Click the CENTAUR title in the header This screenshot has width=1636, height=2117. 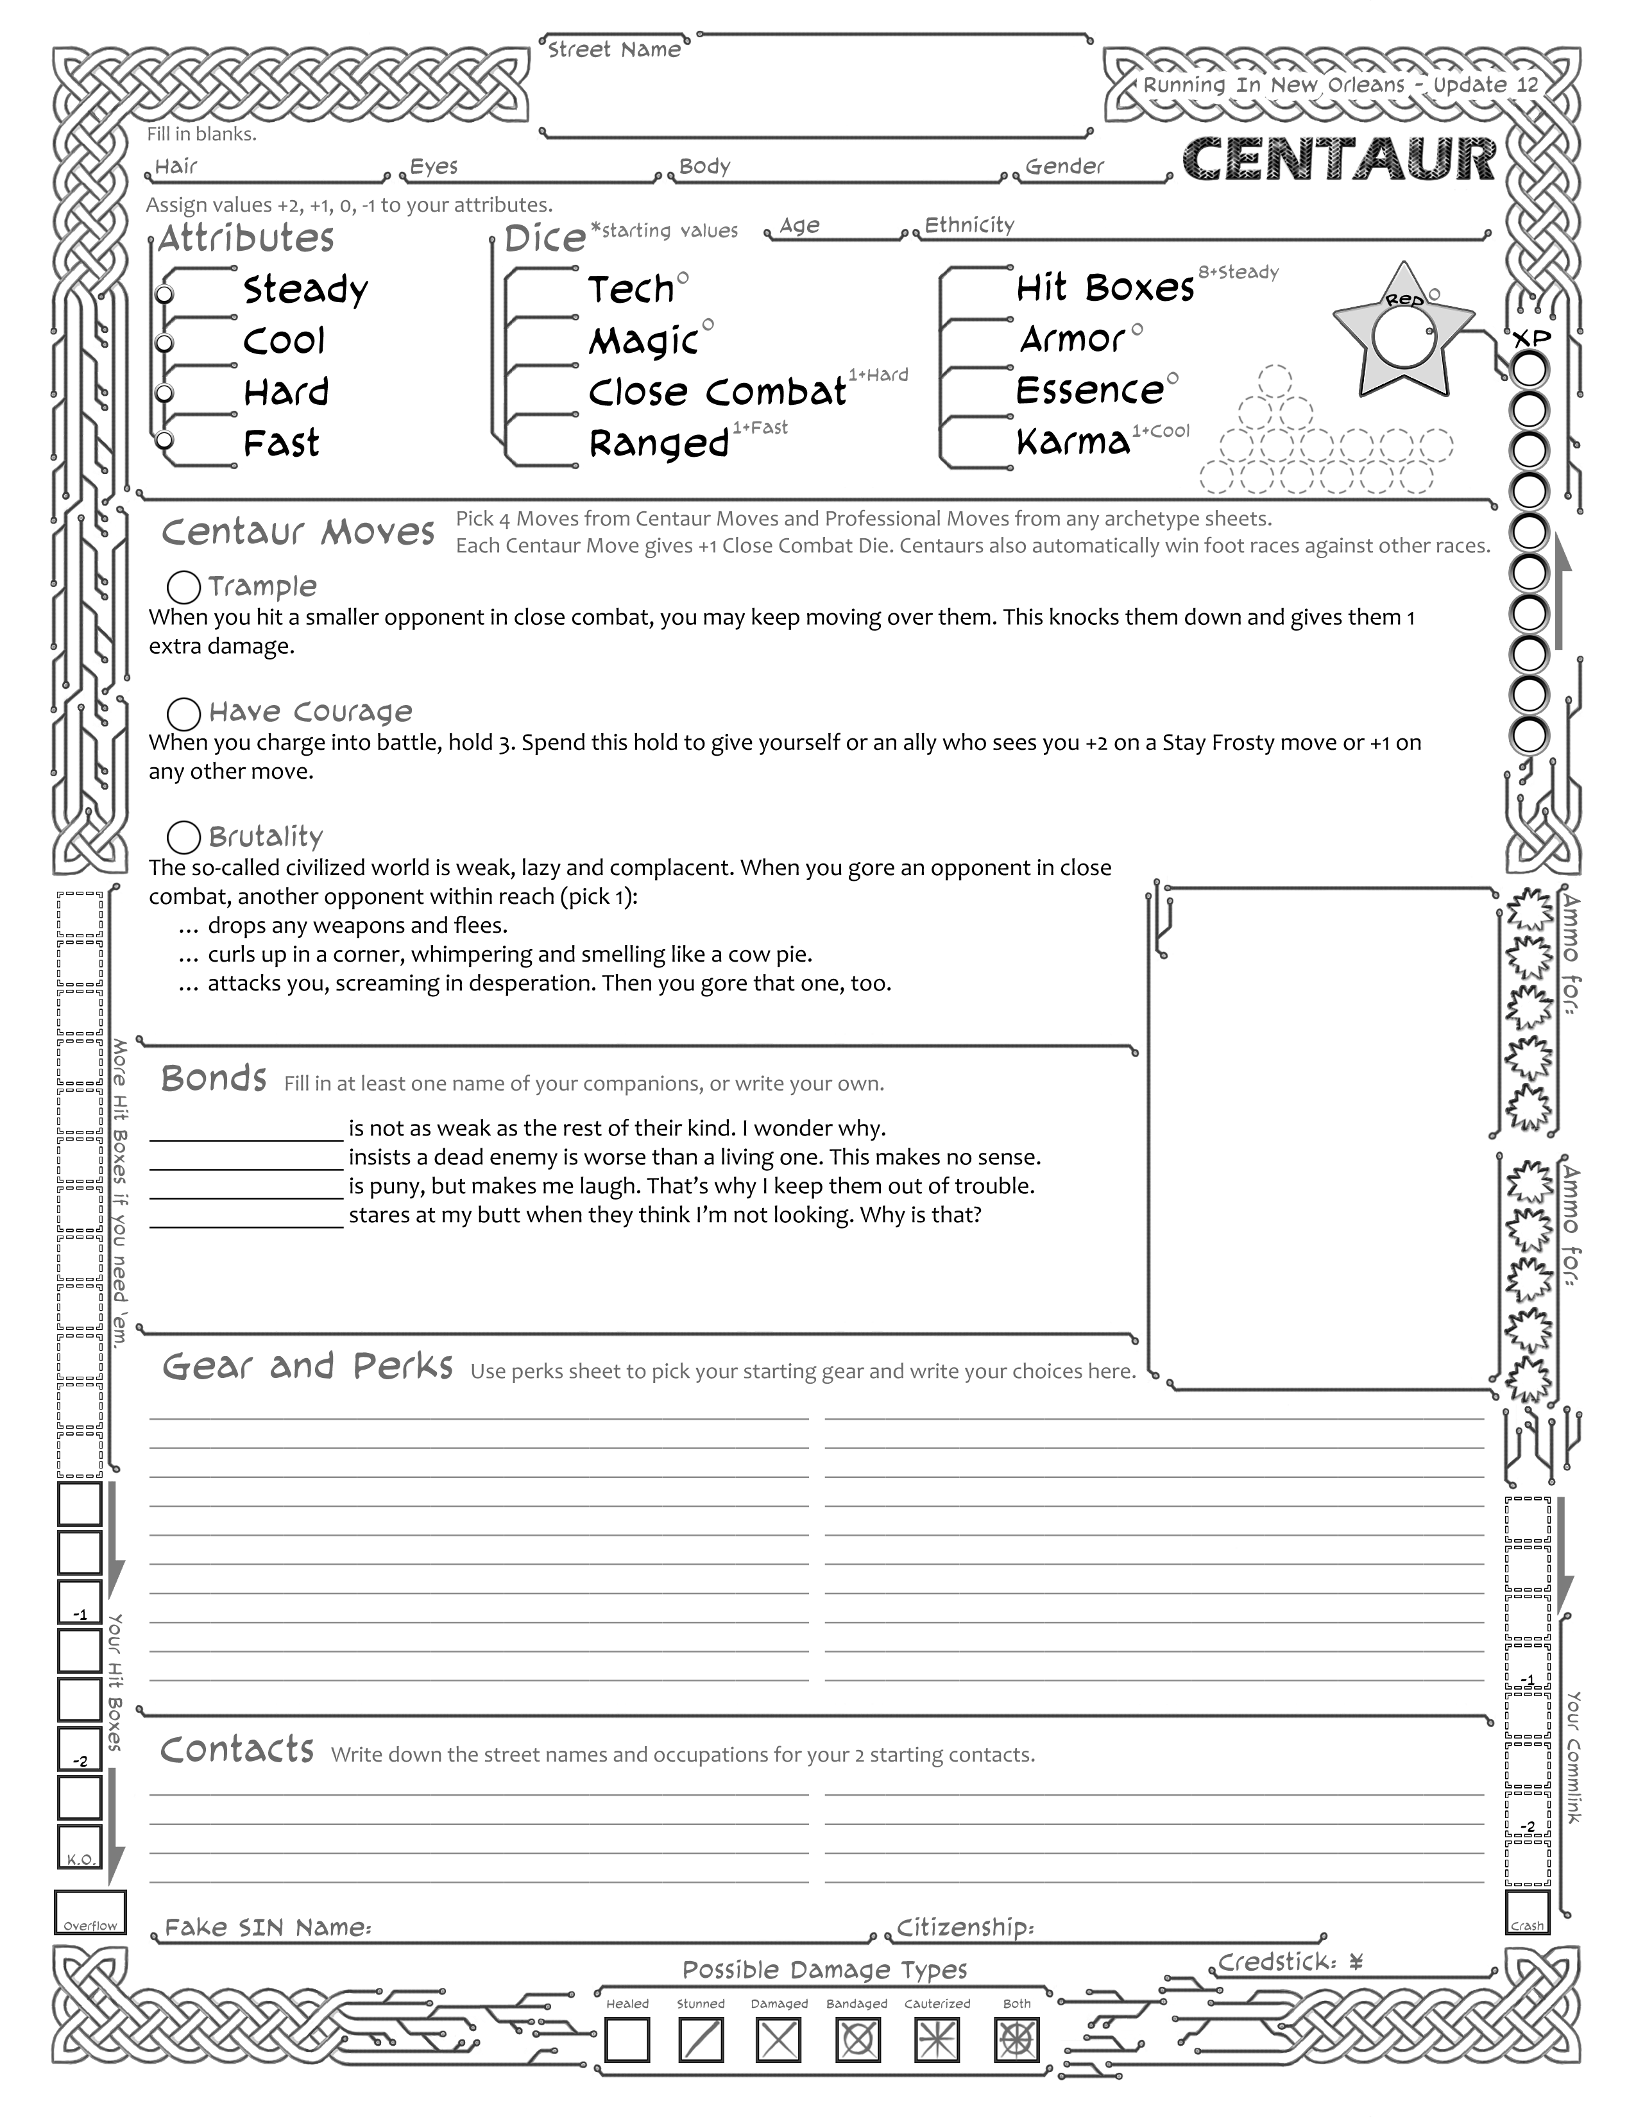(1340, 160)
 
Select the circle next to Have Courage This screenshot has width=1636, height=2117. (184, 713)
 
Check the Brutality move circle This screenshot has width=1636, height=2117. (184, 837)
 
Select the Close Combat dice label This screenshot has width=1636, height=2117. (717, 391)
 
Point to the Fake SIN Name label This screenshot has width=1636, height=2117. (268, 1927)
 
